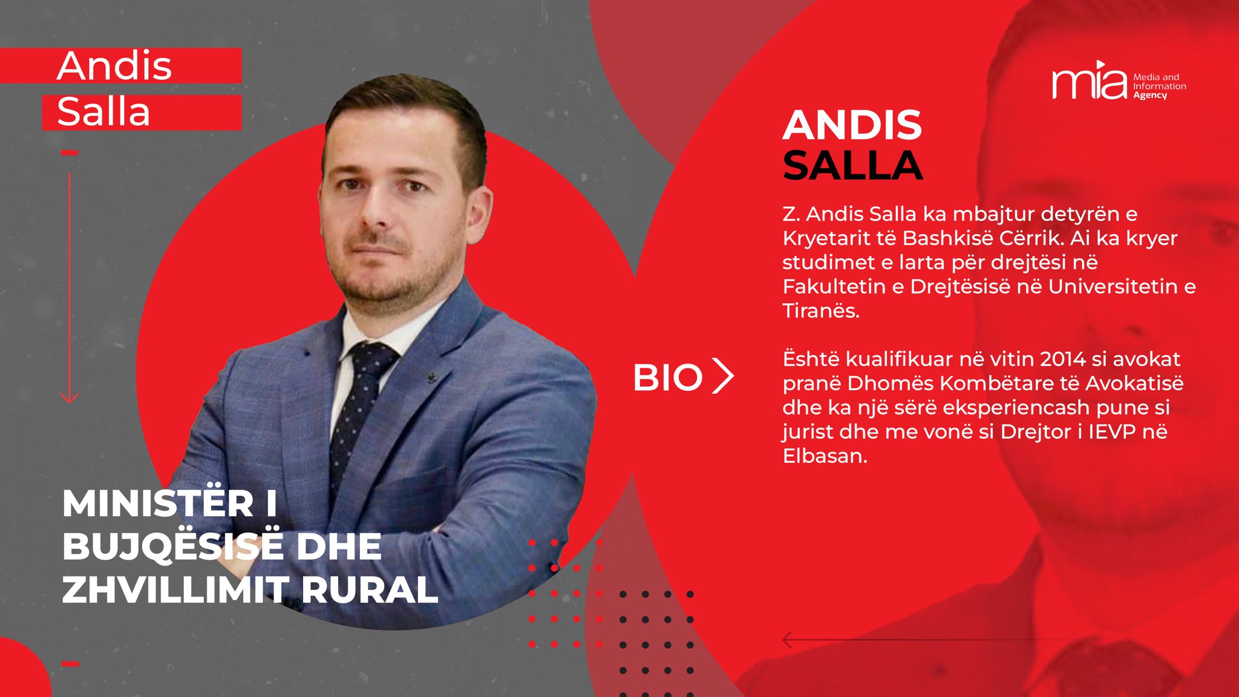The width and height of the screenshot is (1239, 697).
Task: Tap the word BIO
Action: [x=667, y=378]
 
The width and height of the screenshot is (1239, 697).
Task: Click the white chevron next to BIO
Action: [x=723, y=376]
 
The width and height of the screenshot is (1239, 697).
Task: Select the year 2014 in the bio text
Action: [x=1068, y=359]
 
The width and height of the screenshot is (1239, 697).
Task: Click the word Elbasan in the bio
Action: [x=825, y=456]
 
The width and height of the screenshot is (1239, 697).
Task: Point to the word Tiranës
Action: [x=821, y=310]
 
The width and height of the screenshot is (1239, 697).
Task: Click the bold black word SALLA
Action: [x=853, y=165]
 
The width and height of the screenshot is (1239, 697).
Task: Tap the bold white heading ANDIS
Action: [x=852, y=125]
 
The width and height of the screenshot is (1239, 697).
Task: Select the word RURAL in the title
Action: [x=369, y=589]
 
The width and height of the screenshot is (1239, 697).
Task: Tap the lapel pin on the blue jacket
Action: [x=432, y=378]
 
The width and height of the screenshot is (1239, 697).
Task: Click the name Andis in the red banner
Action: [x=114, y=65]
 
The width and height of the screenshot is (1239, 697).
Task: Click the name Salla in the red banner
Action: [x=103, y=111]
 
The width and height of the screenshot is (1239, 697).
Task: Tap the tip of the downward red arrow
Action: [x=70, y=402]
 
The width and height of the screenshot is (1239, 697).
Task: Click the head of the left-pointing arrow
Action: [x=787, y=640]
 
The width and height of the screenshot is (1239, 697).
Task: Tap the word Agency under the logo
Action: [x=1150, y=96]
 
